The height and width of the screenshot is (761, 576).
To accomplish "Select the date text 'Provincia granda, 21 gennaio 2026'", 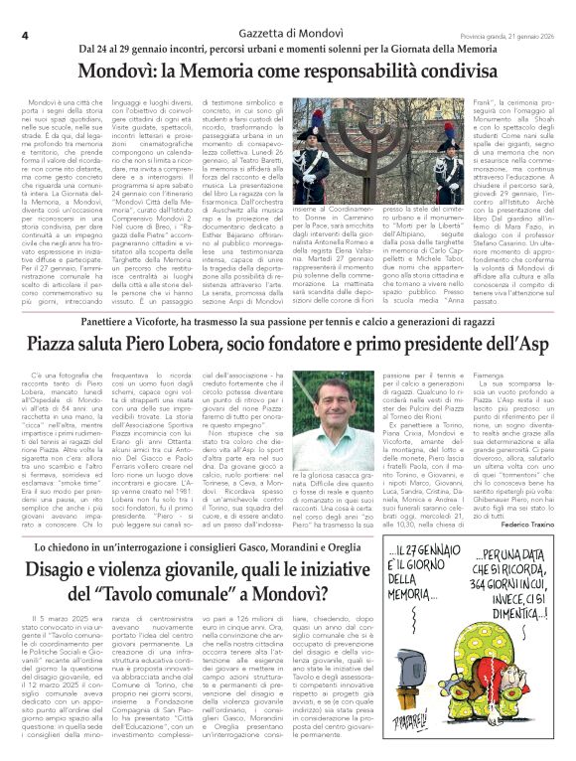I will point(506,35).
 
